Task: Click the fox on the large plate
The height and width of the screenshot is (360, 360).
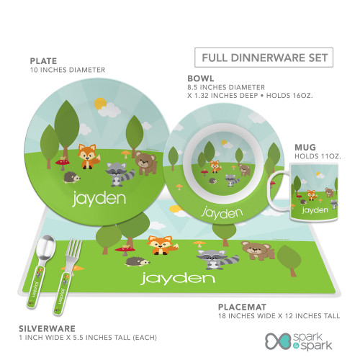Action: [88, 156]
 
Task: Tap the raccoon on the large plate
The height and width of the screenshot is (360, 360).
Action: [120, 174]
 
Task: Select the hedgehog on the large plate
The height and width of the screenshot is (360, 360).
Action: [71, 178]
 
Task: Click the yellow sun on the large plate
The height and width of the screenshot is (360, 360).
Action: [100, 104]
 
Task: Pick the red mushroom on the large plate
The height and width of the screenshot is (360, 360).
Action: [63, 163]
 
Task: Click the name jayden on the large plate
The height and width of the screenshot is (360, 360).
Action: [99, 199]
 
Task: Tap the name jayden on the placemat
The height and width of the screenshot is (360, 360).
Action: [178, 279]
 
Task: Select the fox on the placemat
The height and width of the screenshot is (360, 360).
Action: [161, 245]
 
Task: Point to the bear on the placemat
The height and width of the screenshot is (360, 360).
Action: [258, 250]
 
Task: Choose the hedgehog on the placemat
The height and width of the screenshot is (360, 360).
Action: [138, 261]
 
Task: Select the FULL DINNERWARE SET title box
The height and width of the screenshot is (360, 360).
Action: [264, 58]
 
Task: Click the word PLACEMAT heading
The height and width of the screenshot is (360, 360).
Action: [242, 307]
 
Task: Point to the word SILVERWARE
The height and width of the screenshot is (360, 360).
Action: [47, 328]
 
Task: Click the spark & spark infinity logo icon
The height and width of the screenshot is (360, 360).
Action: [278, 341]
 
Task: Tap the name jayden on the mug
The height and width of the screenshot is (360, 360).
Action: [315, 210]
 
